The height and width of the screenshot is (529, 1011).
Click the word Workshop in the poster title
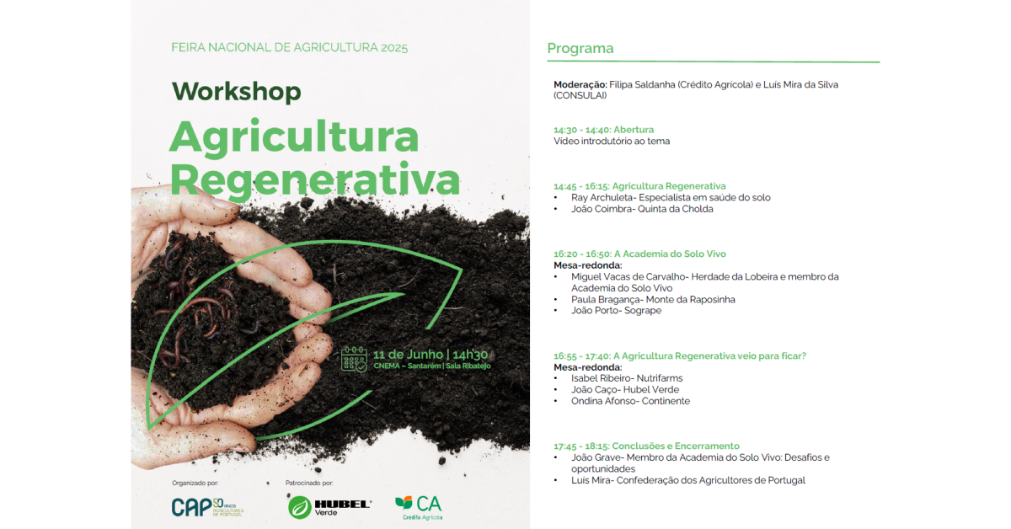[236, 92]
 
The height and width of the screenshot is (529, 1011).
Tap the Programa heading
[580, 48]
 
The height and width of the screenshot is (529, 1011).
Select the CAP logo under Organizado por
[207, 507]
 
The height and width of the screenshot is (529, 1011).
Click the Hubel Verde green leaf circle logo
[300, 507]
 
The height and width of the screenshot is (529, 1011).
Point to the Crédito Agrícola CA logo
[419, 507]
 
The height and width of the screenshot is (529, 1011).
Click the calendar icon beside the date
[354, 360]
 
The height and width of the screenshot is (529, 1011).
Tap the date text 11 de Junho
[408, 355]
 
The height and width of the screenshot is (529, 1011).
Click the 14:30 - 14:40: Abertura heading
[603, 130]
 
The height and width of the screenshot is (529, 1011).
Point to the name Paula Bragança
[604, 300]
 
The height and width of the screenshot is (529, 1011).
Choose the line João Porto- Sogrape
[616, 311]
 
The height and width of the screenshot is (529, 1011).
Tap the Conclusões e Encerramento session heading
[676, 446]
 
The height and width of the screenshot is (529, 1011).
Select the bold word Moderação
[580, 85]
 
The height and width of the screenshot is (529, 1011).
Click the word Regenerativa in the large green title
[315, 180]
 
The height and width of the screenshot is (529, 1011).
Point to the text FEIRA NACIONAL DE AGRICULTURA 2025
[289, 47]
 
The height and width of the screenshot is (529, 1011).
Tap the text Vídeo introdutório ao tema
[612, 142]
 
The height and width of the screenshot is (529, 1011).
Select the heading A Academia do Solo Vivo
[671, 254]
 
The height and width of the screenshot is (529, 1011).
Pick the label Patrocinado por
[309, 483]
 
